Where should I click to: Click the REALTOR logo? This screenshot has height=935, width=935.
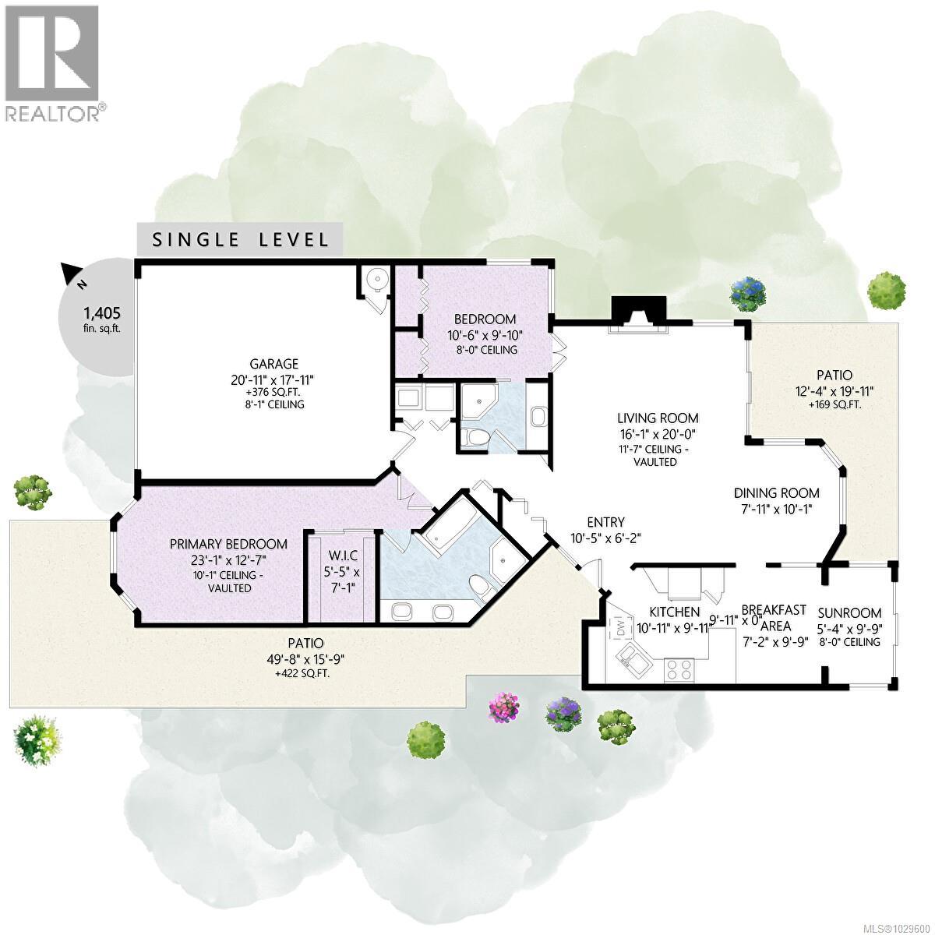[53, 62]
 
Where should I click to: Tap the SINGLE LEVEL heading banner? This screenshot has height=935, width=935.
[241, 239]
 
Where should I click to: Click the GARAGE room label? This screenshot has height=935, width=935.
[273, 363]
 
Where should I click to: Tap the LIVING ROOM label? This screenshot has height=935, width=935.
[658, 418]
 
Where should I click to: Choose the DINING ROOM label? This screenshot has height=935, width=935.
[776, 492]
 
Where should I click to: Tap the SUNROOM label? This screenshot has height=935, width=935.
[849, 612]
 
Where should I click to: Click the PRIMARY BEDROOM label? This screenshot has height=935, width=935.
[228, 544]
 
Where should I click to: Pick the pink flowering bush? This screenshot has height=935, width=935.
[503, 707]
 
